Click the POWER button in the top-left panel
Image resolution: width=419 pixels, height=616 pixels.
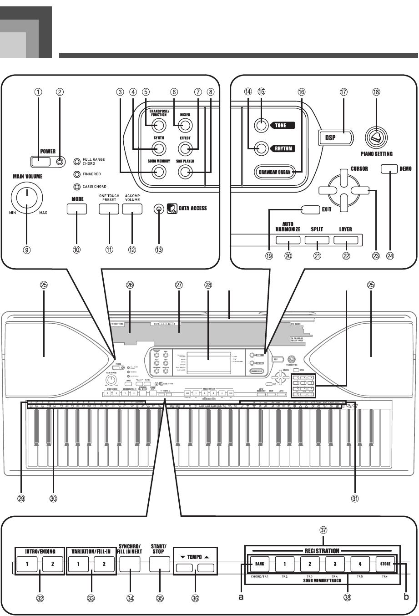[39, 161]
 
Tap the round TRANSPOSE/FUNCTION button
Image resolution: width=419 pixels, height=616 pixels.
[158, 125]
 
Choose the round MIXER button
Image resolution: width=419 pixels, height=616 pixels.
[185, 125]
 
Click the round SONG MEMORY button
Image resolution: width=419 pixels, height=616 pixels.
[158, 172]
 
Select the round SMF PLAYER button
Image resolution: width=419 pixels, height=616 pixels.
[185, 172]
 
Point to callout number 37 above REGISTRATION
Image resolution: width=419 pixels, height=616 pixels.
[323, 530]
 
